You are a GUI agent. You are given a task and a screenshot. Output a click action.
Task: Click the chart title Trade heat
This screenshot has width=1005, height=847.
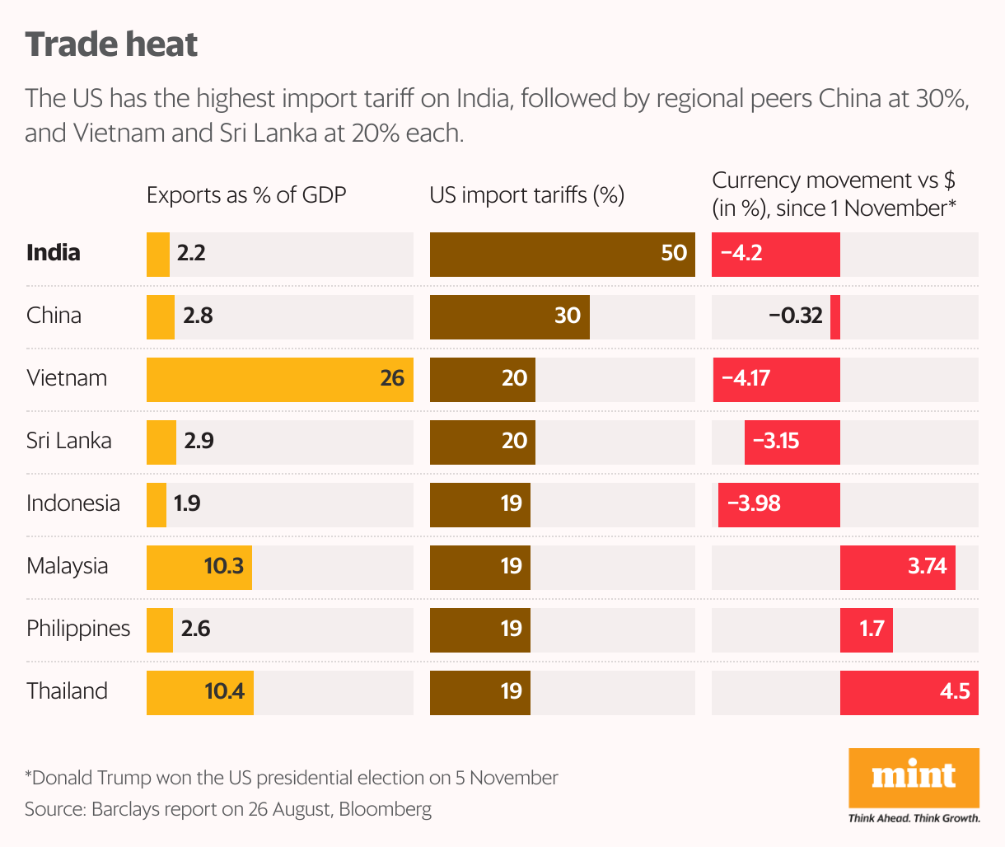click(x=111, y=44)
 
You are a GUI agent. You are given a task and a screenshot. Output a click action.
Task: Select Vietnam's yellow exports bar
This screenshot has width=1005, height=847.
click(x=279, y=379)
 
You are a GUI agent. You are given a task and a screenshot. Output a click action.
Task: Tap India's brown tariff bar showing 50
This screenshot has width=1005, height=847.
click(x=562, y=254)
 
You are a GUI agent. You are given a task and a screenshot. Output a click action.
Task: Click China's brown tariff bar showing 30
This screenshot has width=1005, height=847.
click(x=509, y=316)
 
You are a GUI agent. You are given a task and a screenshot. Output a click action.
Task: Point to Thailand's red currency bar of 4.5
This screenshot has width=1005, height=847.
click(x=909, y=692)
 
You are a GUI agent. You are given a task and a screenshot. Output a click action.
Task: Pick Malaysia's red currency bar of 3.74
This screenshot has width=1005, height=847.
click(x=897, y=567)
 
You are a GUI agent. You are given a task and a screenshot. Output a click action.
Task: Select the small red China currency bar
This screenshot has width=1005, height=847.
click(x=835, y=316)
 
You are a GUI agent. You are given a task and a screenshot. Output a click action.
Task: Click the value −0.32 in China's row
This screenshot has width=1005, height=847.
click(x=795, y=316)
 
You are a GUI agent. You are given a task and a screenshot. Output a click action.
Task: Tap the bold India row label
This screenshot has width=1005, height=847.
click(x=54, y=253)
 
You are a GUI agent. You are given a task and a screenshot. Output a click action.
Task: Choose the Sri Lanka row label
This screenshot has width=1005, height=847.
click(x=68, y=441)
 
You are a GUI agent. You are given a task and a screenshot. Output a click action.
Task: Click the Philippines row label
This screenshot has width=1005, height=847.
click(x=78, y=629)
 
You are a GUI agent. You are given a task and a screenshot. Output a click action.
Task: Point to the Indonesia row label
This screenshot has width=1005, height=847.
click(x=73, y=503)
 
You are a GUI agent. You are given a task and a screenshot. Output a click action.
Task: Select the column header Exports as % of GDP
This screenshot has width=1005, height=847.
click(x=246, y=195)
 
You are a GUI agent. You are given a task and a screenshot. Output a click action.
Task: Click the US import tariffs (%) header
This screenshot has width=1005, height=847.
click(x=527, y=195)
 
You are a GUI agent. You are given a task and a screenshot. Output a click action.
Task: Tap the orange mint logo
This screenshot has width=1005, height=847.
click(x=914, y=777)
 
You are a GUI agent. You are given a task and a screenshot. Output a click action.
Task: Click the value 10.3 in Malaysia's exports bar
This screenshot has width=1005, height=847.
click(x=223, y=566)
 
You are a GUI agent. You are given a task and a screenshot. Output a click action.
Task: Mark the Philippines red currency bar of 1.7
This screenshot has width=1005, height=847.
click(x=866, y=629)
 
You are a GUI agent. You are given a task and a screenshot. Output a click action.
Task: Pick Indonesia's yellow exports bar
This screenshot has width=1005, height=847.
click(x=157, y=504)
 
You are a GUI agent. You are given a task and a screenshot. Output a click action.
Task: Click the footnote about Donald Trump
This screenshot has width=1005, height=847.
click(x=292, y=778)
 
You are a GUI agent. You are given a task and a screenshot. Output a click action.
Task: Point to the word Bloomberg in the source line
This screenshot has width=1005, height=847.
click(x=385, y=809)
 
